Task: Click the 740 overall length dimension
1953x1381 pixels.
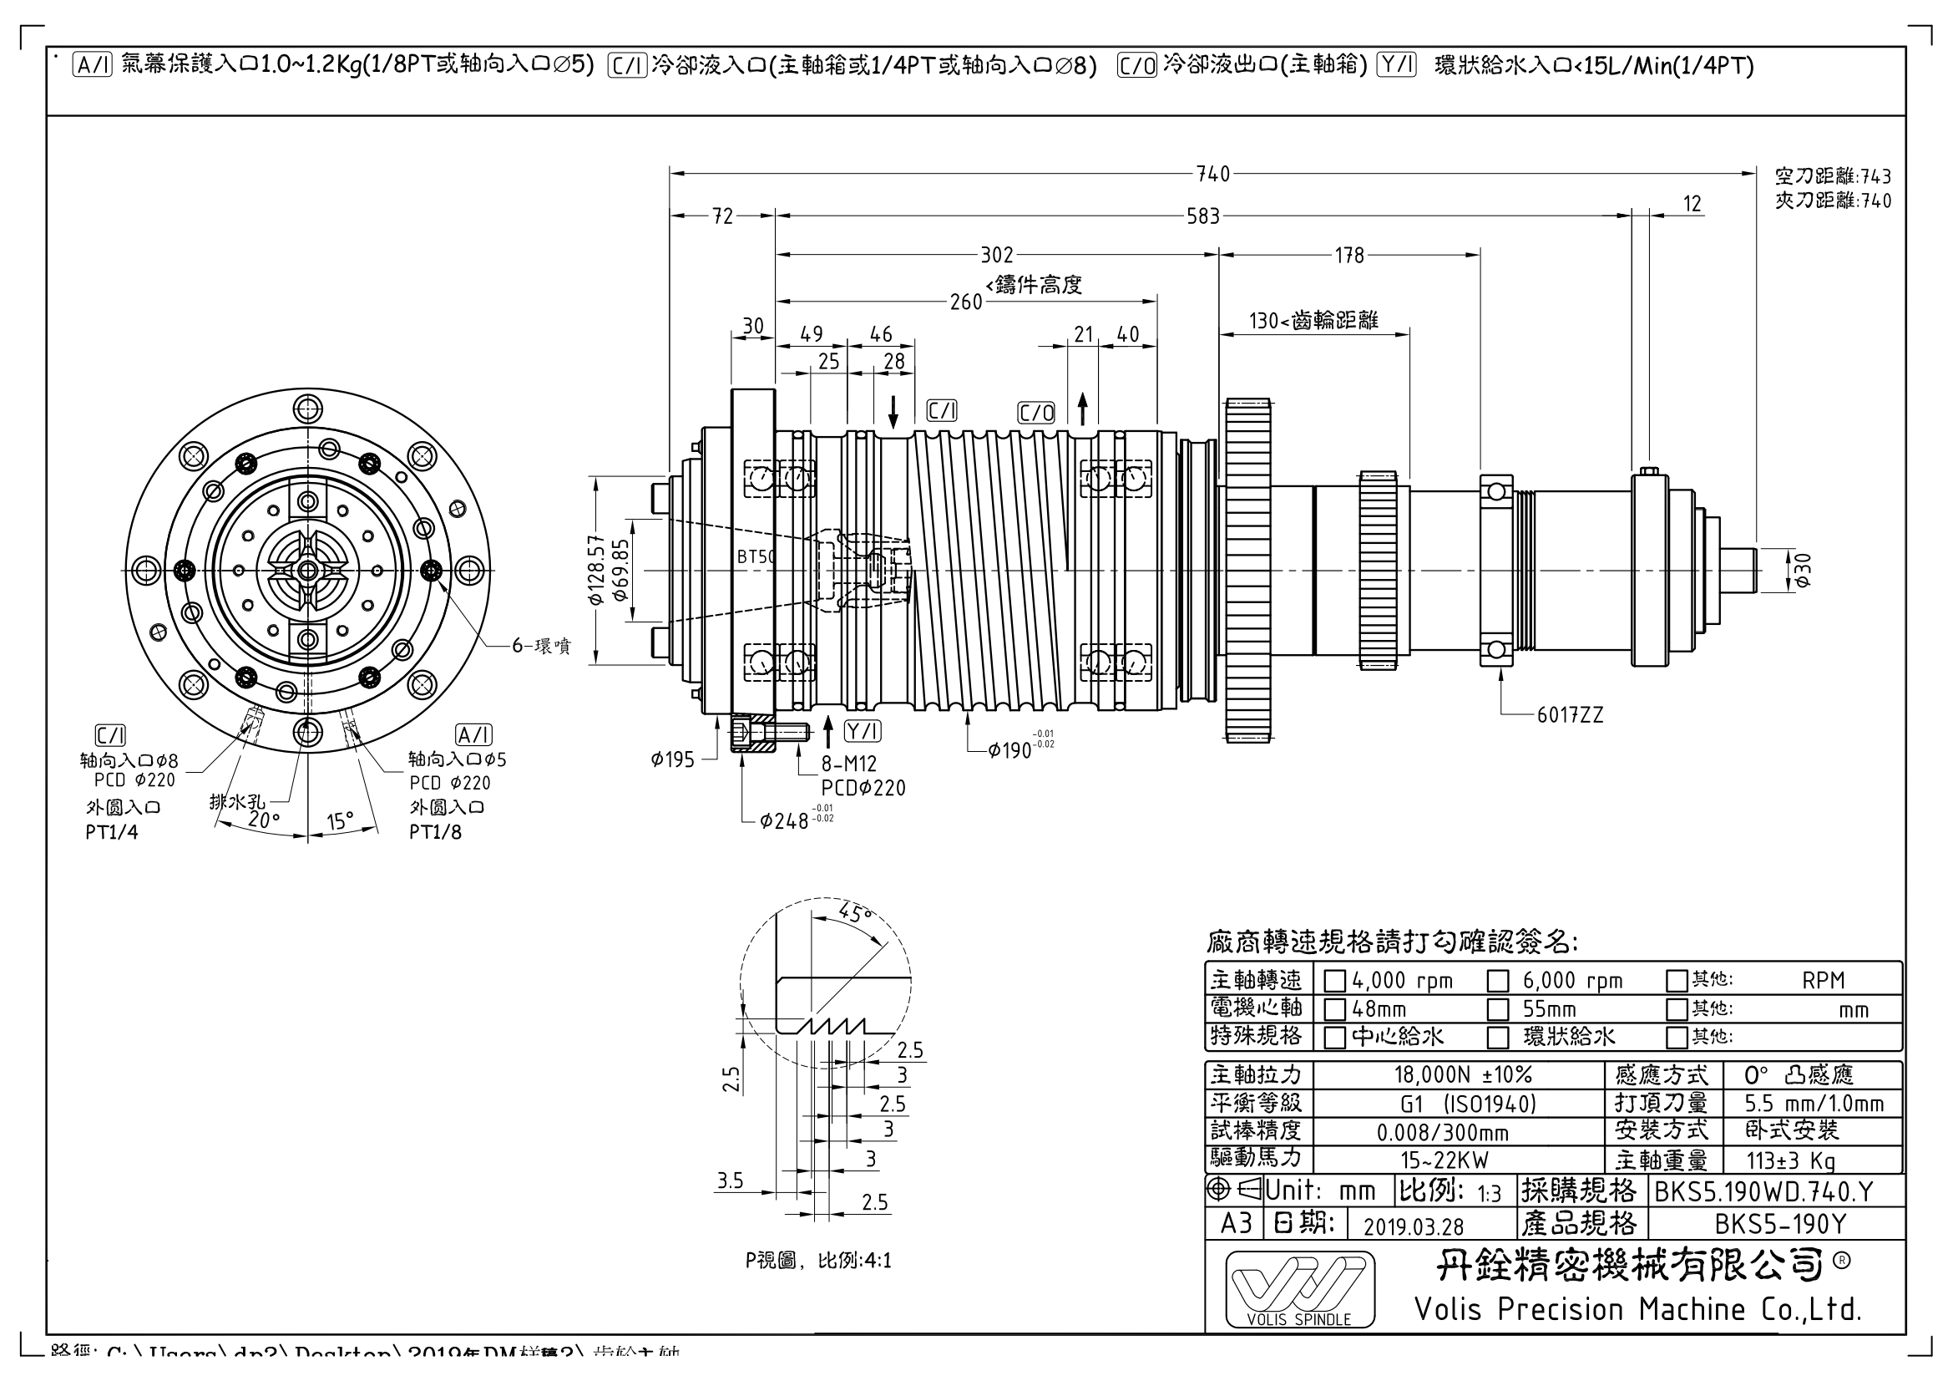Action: pos(1213,175)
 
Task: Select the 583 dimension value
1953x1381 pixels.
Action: pos(1202,217)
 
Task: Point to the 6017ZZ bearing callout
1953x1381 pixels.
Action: pos(1570,716)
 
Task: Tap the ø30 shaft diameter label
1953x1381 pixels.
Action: pos(1801,569)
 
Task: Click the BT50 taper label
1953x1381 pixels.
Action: pos(756,557)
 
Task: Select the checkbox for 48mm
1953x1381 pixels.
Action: pos(1334,1010)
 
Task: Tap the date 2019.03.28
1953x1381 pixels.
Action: pos(1414,1226)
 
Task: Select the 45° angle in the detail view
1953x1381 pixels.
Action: pos(855,913)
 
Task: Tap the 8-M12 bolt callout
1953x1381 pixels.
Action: pos(848,764)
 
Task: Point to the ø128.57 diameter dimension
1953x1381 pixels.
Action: pos(595,569)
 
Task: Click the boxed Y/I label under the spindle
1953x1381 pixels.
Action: pos(863,731)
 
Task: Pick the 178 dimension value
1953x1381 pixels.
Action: pos(1349,256)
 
